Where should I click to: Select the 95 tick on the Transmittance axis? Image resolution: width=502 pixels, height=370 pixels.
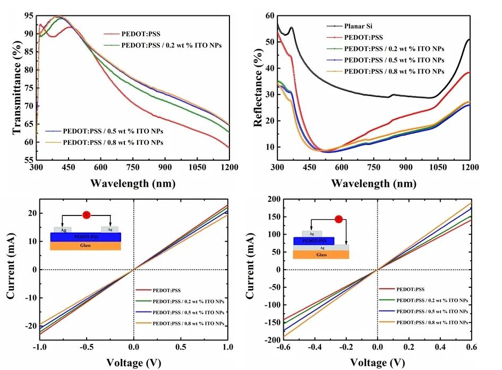(28, 16)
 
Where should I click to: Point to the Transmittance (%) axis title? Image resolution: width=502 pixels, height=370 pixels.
(15, 87)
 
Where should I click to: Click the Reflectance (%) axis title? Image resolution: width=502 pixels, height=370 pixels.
(258, 87)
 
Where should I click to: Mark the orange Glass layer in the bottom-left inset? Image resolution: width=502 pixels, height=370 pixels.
(86, 246)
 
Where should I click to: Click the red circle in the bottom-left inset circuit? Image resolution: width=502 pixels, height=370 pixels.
(86, 214)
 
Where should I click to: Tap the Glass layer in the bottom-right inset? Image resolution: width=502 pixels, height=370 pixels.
(321, 255)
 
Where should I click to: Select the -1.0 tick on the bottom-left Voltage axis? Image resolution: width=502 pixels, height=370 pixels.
(39, 348)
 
